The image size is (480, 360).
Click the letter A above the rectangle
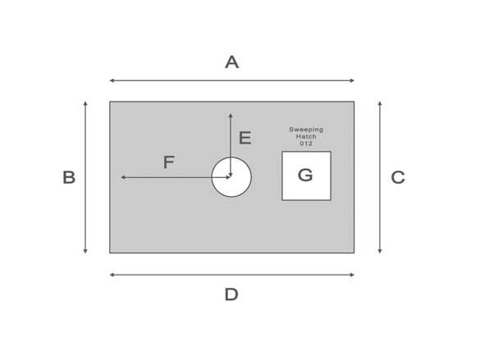coord(231,62)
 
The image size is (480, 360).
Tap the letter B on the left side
coord(69,177)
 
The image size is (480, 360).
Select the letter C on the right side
coord(398,177)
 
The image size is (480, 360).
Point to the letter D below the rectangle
coord(231,294)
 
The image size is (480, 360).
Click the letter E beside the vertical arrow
coord(245,138)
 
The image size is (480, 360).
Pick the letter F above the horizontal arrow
coord(169,162)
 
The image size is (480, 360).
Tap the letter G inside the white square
coord(305,175)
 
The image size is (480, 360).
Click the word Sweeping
coord(306,130)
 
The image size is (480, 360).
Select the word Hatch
coord(306,136)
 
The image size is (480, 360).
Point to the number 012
coord(306,144)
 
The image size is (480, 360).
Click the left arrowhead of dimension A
coord(112,80)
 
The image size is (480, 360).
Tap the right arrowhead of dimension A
coord(352,80)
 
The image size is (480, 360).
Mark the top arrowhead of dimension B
coord(85,103)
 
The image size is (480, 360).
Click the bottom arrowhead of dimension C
coord(380,252)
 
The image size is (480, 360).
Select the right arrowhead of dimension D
coord(352,275)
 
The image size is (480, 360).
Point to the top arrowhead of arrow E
coord(231,116)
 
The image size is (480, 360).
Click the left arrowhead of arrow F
coord(123,177)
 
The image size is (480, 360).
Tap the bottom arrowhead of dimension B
coord(85,252)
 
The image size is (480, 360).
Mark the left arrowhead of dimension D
coord(112,275)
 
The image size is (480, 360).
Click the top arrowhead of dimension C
coord(380,103)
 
